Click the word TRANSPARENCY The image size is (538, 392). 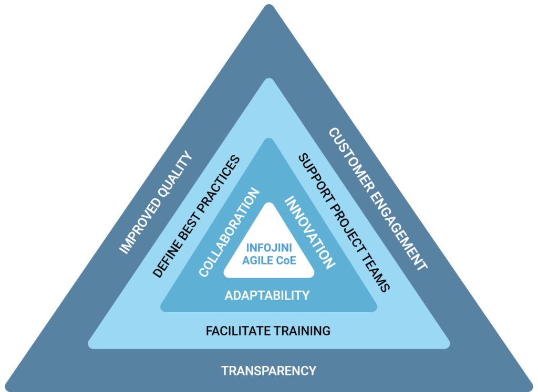[268, 371]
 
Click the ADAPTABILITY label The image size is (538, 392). [267, 295]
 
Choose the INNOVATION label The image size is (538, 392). [309, 232]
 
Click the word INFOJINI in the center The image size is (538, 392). [269, 247]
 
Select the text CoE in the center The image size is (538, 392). [286, 260]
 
